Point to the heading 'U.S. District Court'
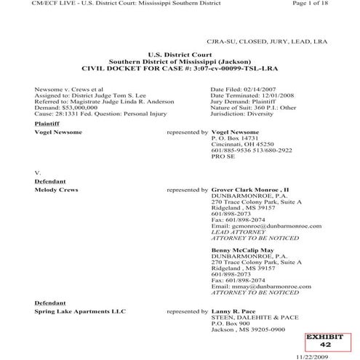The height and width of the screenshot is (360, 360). coord(179,55)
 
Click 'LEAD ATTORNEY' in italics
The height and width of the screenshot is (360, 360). coord(238,231)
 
